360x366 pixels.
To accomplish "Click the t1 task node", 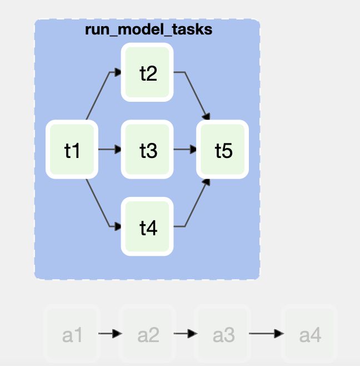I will (x=72, y=150).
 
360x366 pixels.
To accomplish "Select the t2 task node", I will (x=148, y=73).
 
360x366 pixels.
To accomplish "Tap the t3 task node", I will (x=148, y=150).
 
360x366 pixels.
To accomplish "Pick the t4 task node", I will (x=148, y=227).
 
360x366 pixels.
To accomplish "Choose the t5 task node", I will (x=223, y=150).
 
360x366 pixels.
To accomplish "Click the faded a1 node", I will (x=72, y=335).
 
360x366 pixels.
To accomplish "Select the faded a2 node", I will (x=148, y=335).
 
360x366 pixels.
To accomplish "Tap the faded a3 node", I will (x=223, y=335).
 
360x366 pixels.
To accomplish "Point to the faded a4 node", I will (x=310, y=335).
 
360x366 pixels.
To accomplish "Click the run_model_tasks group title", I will (x=148, y=29).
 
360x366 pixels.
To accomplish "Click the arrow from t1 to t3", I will (x=109, y=150).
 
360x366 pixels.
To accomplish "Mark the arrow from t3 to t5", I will (x=185, y=150).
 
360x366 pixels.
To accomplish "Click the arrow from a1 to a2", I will (x=110, y=334).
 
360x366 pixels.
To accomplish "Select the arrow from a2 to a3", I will (x=186, y=334).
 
